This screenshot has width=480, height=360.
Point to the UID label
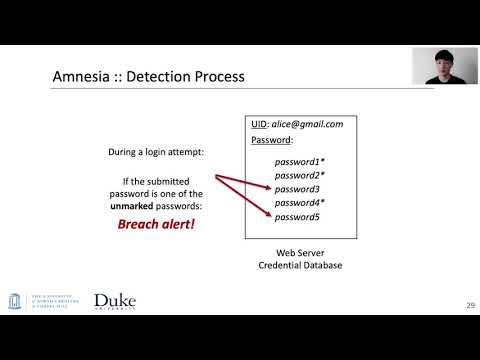tap(259, 124)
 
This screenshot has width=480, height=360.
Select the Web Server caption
tap(301, 254)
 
